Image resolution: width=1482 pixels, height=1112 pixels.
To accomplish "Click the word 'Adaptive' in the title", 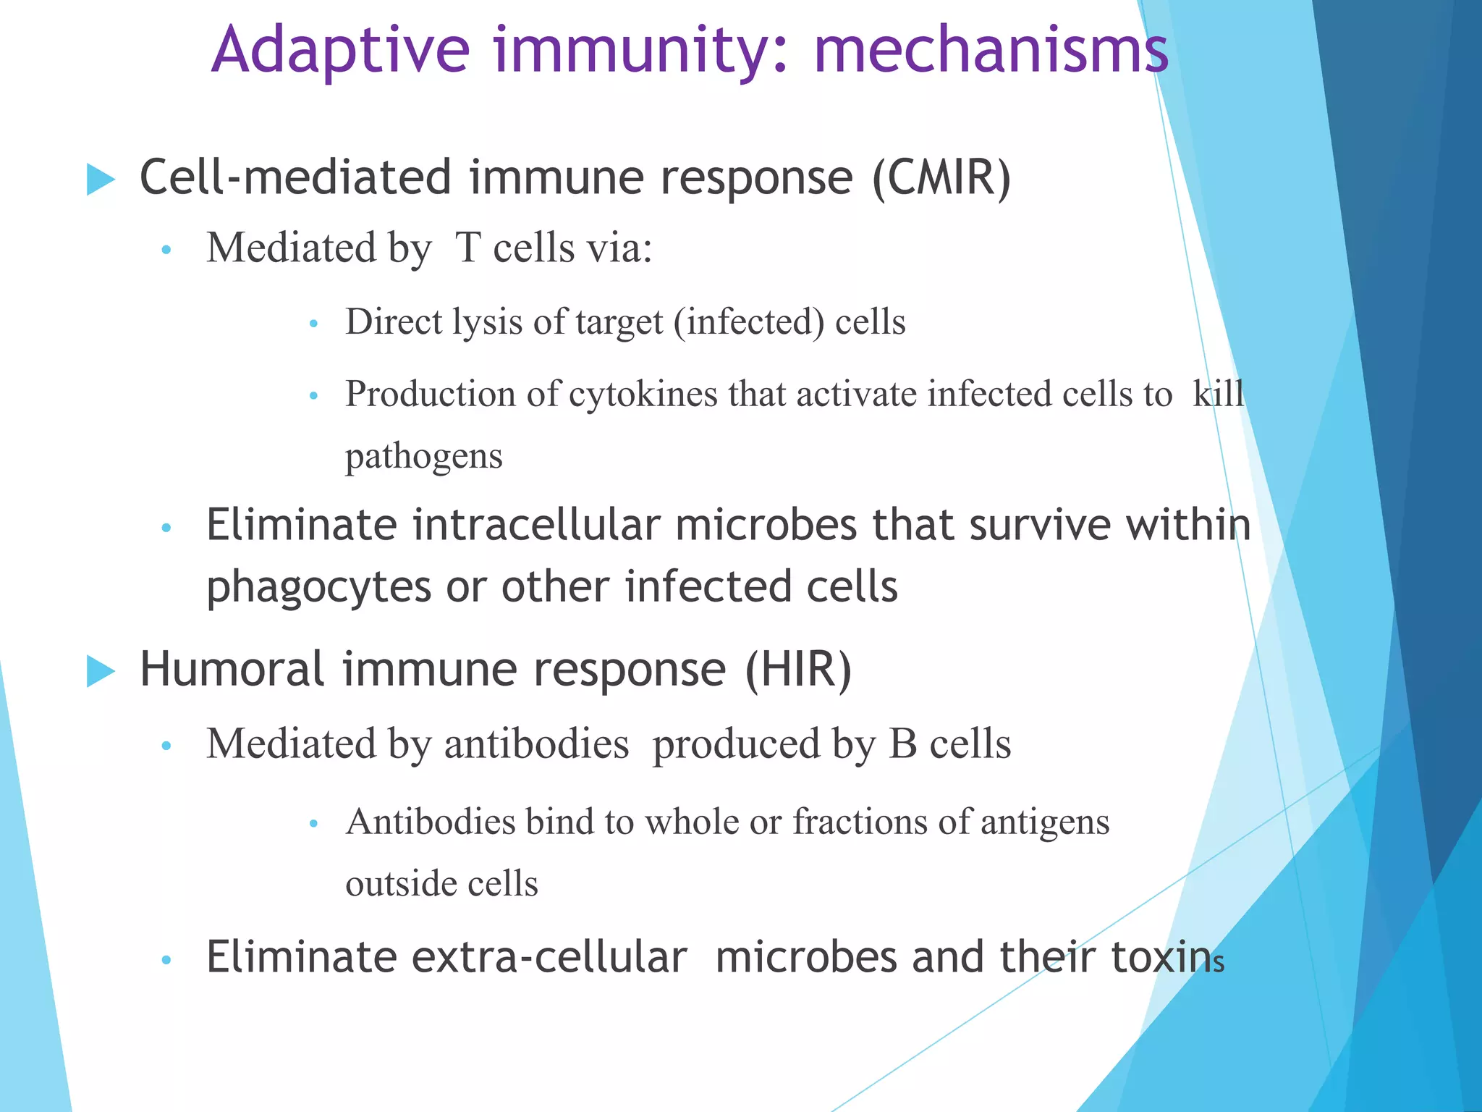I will coord(340,51).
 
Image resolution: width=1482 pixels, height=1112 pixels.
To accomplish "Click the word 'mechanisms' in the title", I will coord(991,51).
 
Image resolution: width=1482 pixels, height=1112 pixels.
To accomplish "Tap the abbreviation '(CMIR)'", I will coord(941,178).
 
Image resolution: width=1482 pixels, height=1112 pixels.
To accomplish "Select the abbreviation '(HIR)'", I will coord(799,670).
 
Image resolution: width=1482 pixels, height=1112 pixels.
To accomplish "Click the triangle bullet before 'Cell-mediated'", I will coord(101,179).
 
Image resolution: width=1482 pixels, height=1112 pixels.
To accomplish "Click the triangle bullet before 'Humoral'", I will coord(101,670).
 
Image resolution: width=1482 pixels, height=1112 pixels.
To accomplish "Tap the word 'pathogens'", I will coord(423,457).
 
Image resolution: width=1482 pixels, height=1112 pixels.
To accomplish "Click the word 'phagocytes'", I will coord(318,587).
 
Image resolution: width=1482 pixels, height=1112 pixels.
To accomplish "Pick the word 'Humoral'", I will coord(232,670).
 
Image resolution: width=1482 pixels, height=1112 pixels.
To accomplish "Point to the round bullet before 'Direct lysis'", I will coord(313,324).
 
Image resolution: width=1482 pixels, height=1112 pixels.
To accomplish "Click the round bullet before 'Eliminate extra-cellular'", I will coord(166,961).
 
